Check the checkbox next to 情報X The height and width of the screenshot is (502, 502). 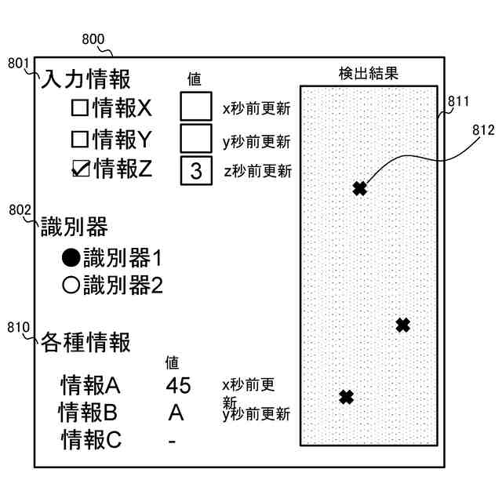pos(80,107)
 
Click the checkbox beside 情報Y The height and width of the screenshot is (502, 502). pos(80,140)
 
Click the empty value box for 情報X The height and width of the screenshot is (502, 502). pos(195,106)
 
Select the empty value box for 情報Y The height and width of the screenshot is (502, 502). pos(195,138)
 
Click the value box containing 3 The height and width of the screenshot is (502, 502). pos(195,170)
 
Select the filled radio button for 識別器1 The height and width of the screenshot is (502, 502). pos(71,257)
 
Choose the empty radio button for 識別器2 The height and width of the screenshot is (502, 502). pos(71,285)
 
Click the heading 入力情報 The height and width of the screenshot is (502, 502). pos(85,79)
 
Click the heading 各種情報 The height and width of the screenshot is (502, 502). pos(85,342)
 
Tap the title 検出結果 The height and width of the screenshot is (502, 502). pos(369,74)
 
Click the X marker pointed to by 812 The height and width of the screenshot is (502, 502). pos(359,188)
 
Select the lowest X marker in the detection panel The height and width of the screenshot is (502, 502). pos(346,397)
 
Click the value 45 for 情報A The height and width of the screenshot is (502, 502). pos(179,386)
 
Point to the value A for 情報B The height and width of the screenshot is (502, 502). pos(176,412)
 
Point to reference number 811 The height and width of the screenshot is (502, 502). pos(458,101)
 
